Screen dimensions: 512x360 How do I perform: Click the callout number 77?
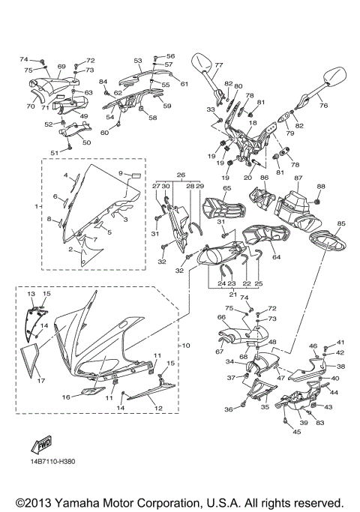pos(219,65)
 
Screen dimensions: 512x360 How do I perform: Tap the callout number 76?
pos(324,106)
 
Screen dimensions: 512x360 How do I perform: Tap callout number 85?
pos(341,223)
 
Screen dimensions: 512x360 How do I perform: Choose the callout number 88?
pos(321,186)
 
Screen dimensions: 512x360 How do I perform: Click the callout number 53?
pos(138,60)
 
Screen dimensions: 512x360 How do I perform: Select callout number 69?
pos(61,66)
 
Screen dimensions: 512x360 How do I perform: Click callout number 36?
pos(228,409)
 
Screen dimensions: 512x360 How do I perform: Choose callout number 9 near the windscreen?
pos(120,172)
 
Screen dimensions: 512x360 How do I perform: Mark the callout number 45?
pos(296,432)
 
